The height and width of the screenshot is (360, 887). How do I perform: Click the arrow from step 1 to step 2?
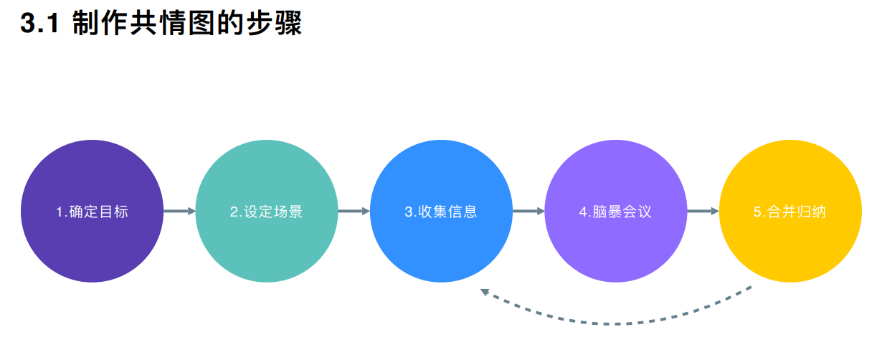(179, 212)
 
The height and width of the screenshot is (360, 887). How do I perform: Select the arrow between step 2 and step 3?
(354, 212)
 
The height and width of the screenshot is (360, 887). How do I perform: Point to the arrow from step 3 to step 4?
(528, 212)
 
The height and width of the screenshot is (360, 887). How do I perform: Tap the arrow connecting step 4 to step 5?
(703, 212)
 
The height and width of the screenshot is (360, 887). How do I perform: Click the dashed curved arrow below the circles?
(617, 322)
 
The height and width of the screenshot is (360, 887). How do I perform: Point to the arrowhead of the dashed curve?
(485, 292)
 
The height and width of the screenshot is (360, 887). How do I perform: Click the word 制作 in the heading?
(98, 24)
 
